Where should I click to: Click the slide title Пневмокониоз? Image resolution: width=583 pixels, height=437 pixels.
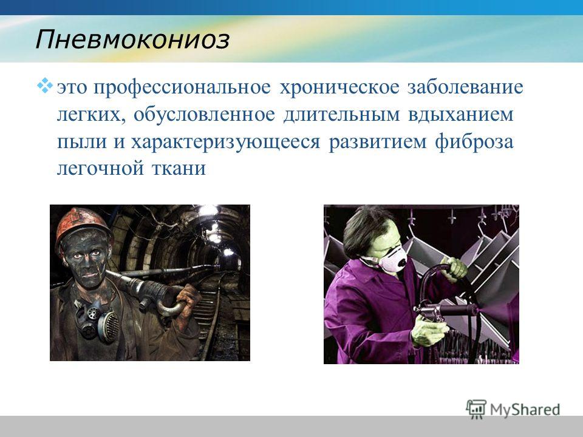[132, 39]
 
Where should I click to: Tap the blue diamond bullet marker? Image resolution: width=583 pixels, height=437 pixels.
[44, 85]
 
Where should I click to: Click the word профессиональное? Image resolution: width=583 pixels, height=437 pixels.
[182, 87]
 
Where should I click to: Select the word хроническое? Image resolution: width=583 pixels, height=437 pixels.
[339, 87]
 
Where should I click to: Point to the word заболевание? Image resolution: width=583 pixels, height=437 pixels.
[465, 87]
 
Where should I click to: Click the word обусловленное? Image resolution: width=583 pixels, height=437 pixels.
[204, 115]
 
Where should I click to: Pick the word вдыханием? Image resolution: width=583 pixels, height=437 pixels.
[460, 115]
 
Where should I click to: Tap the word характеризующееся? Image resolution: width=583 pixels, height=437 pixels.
[225, 142]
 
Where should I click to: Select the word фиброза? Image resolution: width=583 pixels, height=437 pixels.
[474, 141]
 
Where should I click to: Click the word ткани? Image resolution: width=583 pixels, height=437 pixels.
[179, 168]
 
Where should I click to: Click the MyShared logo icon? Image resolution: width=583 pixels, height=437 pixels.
[476, 409]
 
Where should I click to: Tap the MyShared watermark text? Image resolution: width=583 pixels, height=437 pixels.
[525, 409]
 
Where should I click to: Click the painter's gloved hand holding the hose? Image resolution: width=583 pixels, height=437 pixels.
[454, 268]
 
